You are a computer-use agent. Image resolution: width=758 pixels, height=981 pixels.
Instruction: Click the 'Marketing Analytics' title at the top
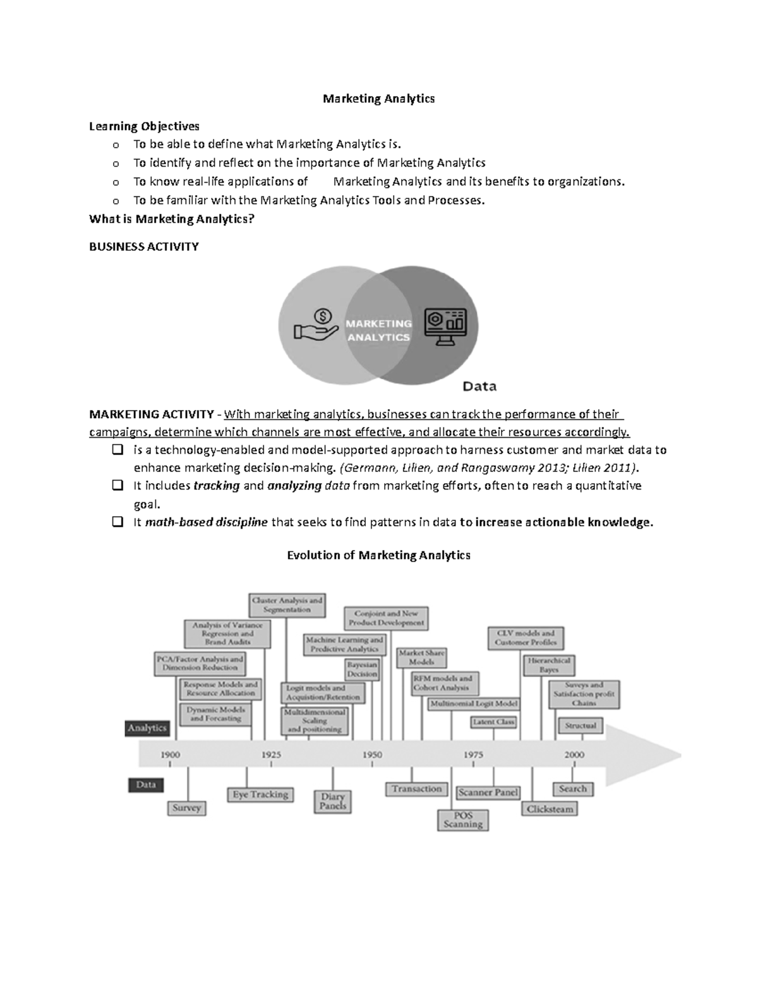coord(378,99)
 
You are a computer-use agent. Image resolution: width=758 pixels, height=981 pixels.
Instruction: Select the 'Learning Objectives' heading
coord(144,126)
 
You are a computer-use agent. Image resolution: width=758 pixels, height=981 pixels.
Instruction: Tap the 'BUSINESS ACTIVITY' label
coord(144,247)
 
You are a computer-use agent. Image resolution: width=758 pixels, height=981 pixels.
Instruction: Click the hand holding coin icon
coord(316,325)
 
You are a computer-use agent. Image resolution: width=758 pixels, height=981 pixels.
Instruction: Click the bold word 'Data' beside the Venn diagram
coord(480,386)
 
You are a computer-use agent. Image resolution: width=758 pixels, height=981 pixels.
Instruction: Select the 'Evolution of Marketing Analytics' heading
coord(378,555)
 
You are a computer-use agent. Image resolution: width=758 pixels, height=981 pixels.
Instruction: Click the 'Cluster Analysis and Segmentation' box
coord(287,605)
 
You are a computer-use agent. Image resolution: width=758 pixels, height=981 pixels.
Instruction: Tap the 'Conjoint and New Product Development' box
coord(386,618)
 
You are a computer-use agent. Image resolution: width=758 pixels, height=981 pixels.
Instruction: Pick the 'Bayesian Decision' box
coord(362,669)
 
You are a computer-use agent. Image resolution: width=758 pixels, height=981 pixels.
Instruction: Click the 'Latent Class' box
coord(494,721)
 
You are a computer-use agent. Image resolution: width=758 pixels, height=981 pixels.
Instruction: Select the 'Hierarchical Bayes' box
coord(548,665)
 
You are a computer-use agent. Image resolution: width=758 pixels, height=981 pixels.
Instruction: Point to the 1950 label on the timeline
coord(372,754)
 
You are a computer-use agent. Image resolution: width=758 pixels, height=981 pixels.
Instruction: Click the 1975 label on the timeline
coord(473,754)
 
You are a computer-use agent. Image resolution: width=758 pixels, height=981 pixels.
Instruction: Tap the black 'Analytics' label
coord(147,728)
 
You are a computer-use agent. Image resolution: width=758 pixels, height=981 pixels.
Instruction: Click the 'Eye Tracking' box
coord(260,795)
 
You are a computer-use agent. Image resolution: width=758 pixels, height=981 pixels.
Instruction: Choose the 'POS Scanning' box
coord(463,820)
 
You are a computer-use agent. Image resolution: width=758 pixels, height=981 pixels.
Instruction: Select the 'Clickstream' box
coord(550,809)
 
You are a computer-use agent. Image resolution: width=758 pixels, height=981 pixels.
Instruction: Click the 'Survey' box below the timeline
coord(186,808)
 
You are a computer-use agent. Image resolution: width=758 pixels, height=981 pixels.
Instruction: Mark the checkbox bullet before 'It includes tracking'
coord(117,486)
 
